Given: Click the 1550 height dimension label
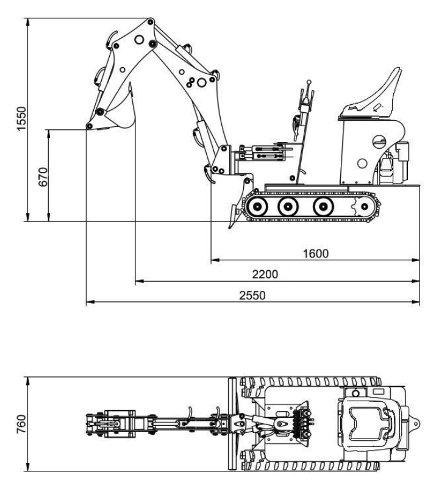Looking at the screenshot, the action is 21,118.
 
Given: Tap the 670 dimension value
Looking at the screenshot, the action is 43,177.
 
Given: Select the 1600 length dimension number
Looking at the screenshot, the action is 316,253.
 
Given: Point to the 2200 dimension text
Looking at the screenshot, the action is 265,274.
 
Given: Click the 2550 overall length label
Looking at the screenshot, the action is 252,296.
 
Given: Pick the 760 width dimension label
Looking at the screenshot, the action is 21,424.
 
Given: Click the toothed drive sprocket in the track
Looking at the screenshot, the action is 364,207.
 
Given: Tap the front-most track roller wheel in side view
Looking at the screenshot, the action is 257,207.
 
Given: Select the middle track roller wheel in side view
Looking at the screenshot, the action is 288,207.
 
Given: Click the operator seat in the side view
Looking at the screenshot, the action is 371,98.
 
